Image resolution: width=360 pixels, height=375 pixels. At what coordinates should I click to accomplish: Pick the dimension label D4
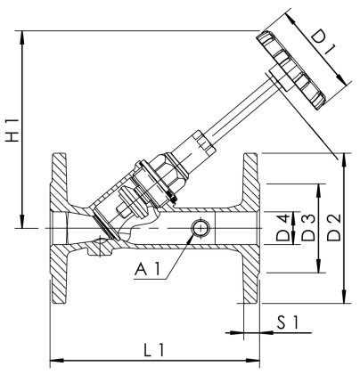pos(283,229)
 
